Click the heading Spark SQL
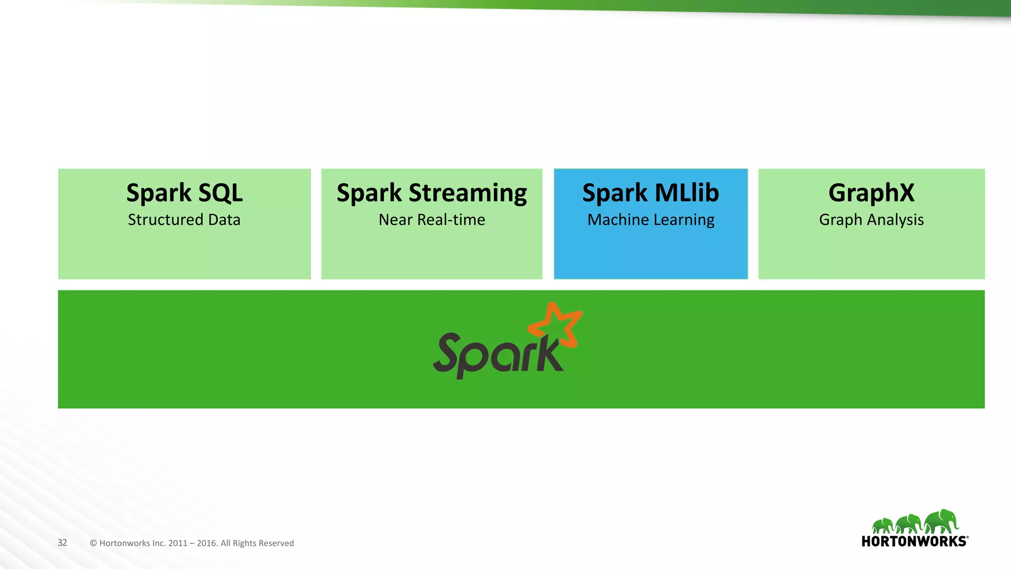(184, 193)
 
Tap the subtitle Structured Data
(184, 220)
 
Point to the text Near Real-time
(431, 220)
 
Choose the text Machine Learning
(651, 220)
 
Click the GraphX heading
(871, 193)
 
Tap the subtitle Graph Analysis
(871, 220)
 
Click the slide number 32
(62, 542)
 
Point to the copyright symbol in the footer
(93, 543)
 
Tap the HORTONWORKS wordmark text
(914, 541)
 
